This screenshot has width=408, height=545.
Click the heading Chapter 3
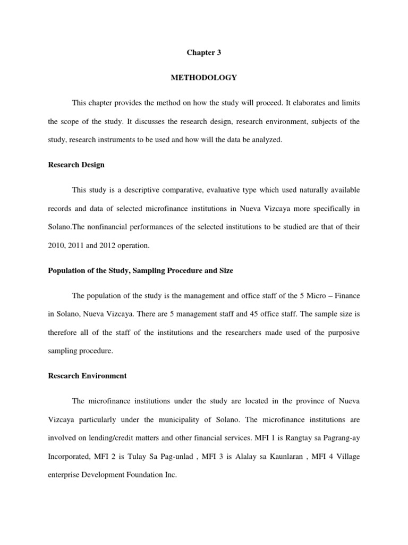pyautogui.click(x=203, y=53)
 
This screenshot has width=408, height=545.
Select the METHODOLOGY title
pyautogui.click(x=203, y=78)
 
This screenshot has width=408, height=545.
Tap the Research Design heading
pyautogui.click(x=76, y=164)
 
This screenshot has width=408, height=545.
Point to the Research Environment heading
pyautogui.click(x=87, y=376)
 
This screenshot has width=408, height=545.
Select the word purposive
pyautogui.click(x=341, y=333)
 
